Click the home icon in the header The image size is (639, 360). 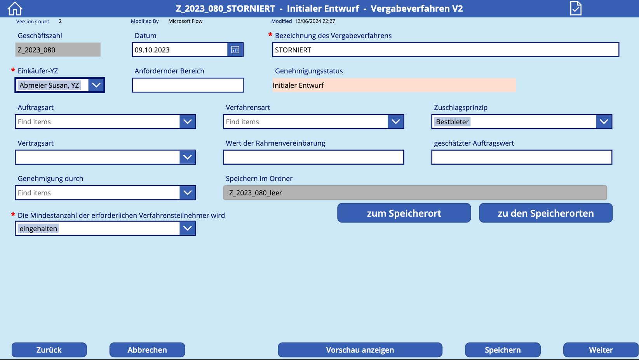15,9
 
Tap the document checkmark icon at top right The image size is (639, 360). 576,8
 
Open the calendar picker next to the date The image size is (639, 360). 235,50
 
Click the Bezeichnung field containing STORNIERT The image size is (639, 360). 445,50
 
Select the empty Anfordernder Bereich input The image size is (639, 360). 188,85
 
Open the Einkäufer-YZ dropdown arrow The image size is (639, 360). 96,85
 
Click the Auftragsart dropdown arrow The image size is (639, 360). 188,122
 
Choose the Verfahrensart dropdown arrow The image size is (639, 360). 396,122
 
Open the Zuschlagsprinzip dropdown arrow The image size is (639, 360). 604,122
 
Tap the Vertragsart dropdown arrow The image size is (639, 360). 188,157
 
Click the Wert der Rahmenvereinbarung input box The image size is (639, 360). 313,157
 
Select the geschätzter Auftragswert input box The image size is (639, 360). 522,157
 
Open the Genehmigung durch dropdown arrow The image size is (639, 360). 188,193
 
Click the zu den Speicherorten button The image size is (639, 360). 546,213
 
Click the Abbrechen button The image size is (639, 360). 147,350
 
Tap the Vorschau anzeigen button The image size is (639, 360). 360,350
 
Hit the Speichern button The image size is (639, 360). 503,350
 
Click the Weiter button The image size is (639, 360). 601,350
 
